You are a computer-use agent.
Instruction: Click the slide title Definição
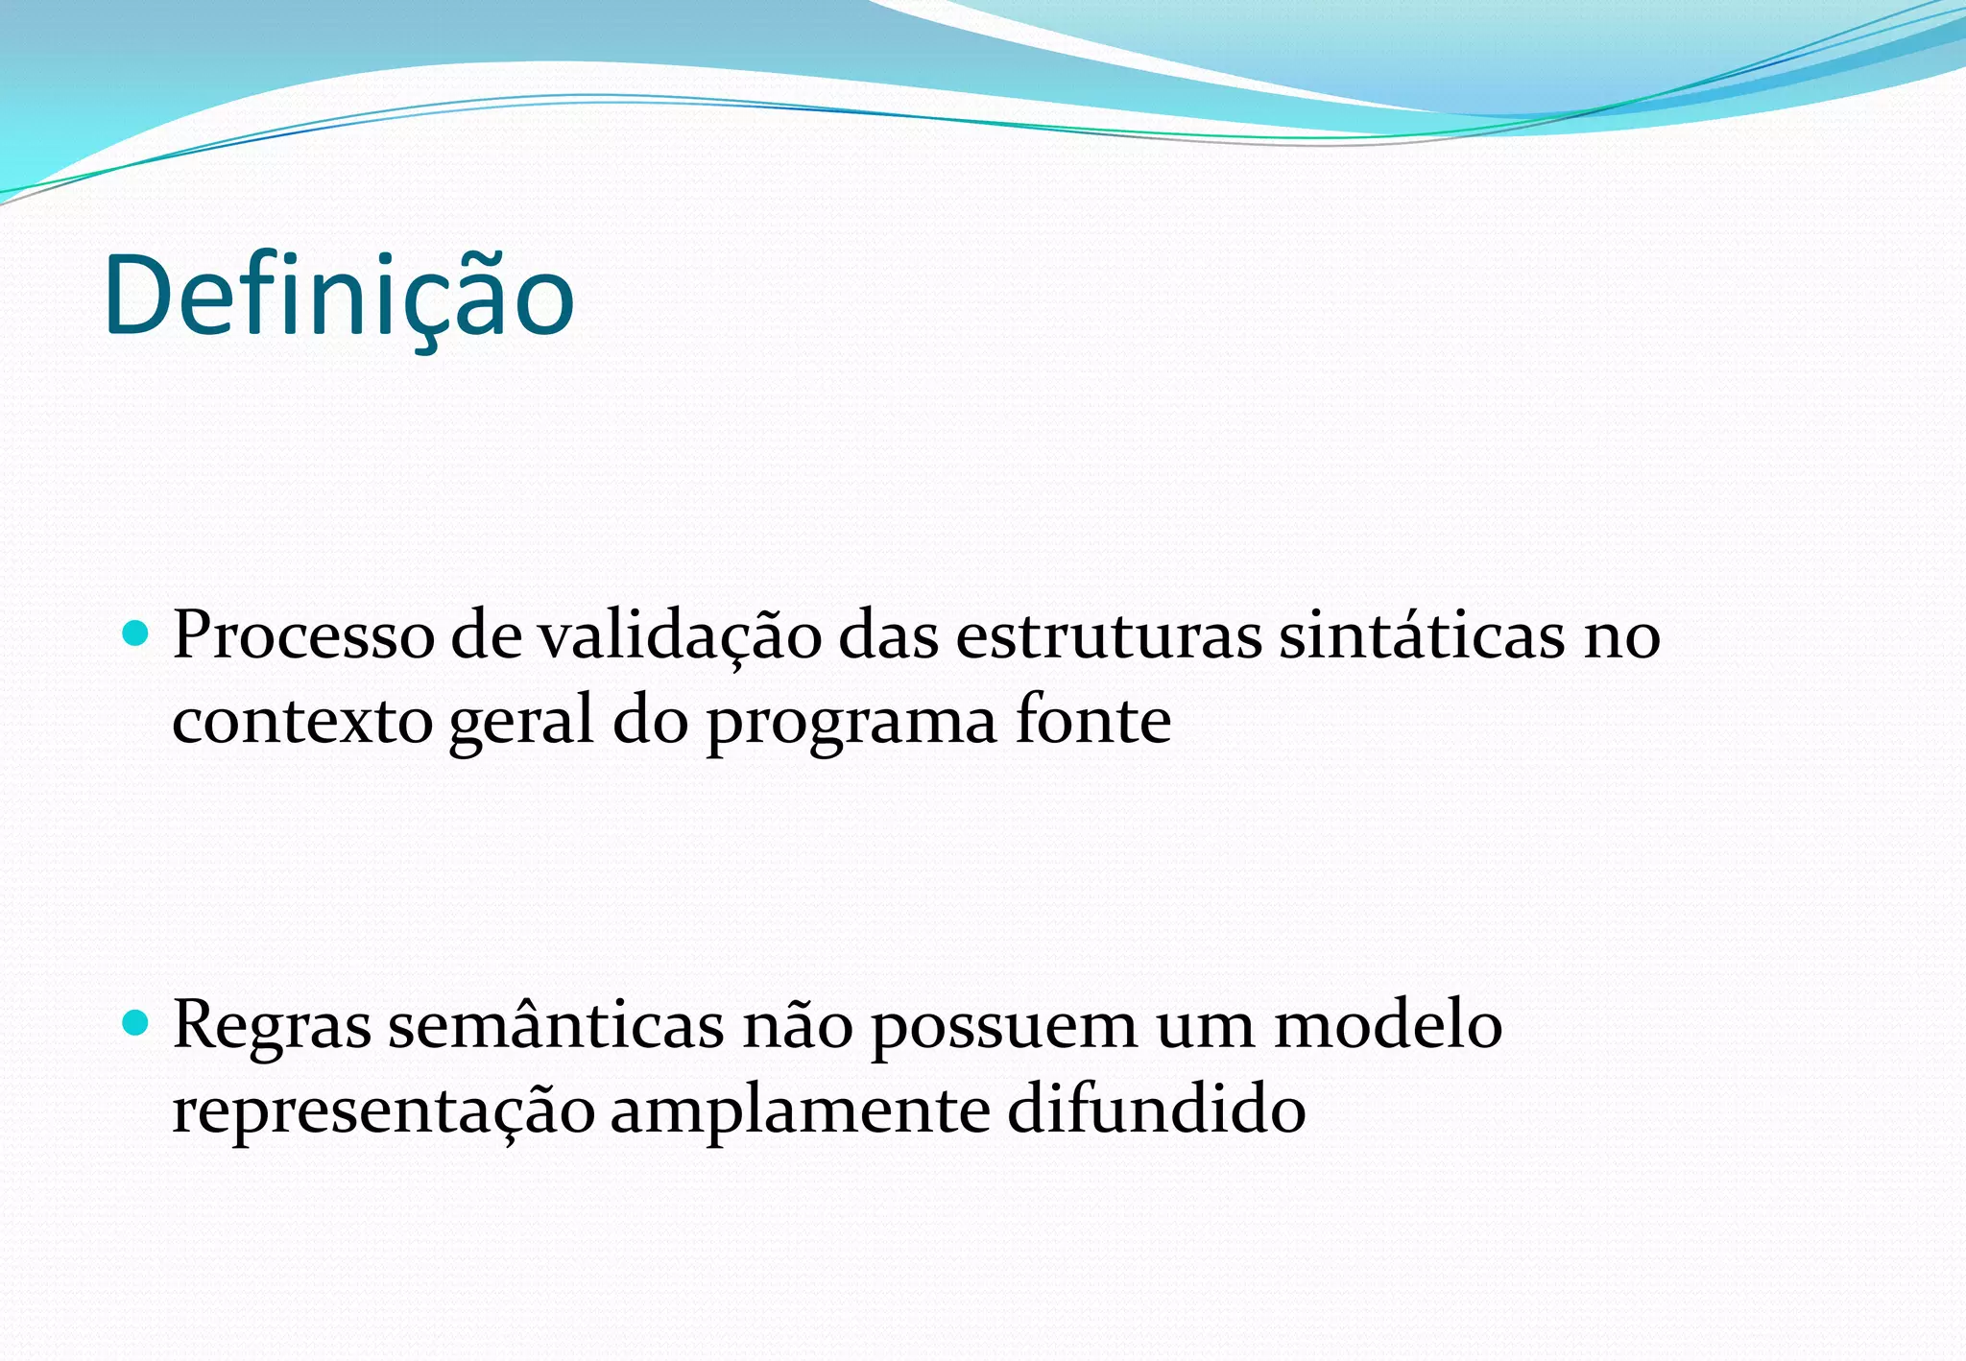[x=339, y=296]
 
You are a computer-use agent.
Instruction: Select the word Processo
[x=303, y=635]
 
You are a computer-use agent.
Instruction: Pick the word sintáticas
[x=1421, y=635]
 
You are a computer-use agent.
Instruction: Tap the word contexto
[x=302, y=721]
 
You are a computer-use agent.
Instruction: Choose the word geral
[x=521, y=723]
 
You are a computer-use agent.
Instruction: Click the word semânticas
[x=556, y=1025]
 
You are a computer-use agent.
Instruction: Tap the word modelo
[x=1387, y=1024]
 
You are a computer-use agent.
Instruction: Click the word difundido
[x=1156, y=1110]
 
